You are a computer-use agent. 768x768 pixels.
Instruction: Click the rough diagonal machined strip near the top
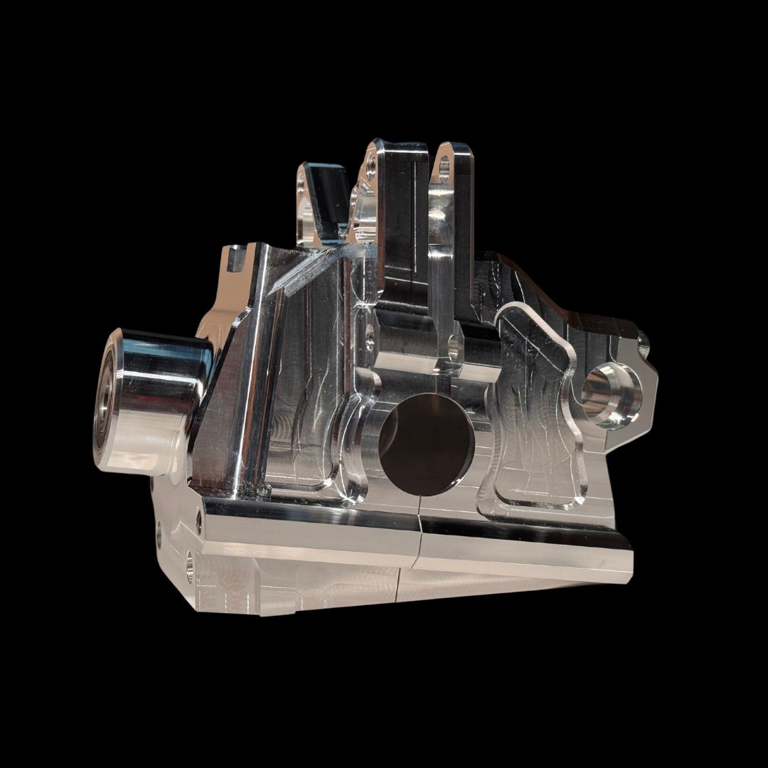click(x=306, y=274)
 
